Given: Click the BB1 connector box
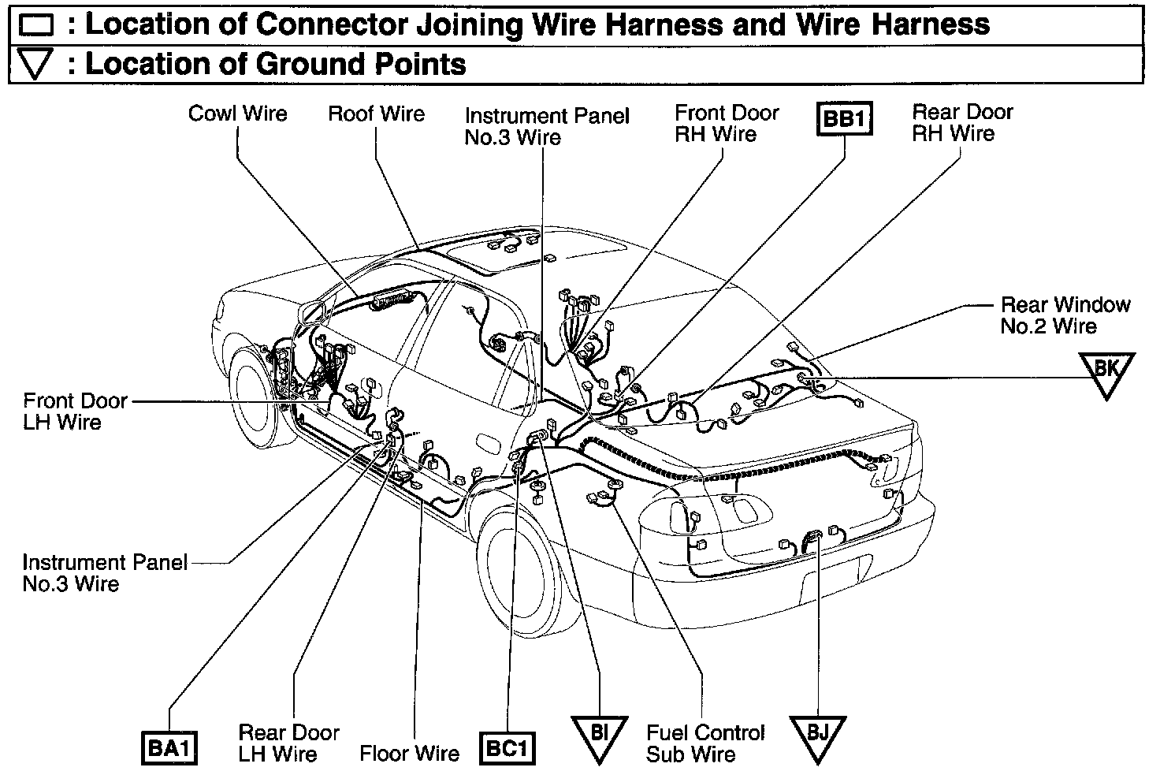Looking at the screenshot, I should [844, 121].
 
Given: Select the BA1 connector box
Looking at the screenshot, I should [169, 748].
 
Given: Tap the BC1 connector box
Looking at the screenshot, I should [507, 748].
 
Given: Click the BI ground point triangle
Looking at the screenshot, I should [600, 735].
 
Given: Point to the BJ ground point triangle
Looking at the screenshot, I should [817, 735].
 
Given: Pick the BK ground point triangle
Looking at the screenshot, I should [1107, 370].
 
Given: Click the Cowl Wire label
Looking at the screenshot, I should [237, 114].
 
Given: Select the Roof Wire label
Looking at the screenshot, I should [376, 114].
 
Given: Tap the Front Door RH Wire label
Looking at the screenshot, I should [726, 124].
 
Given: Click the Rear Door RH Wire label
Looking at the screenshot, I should [961, 123].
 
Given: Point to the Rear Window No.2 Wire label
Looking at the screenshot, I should [1065, 315].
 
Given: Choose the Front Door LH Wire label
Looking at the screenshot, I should [74, 412].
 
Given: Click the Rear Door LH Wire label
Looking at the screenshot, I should [288, 743].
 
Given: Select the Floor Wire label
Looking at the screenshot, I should [409, 753].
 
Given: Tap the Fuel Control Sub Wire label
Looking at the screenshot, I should [705, 743].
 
